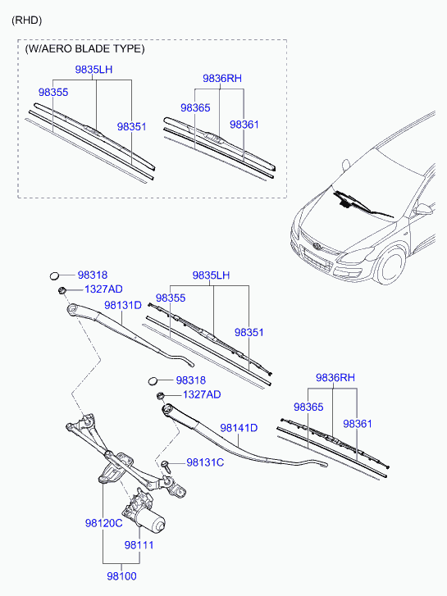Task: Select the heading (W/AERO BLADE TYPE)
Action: tap(84, 48)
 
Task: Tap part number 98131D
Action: tap(123, 305)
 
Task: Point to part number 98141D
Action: tap(239, 427)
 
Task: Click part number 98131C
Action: tap(205, 462)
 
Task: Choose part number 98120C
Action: tap(103, 523)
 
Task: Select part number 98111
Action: tap(140, 544)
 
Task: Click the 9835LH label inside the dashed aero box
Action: tap(94, 71)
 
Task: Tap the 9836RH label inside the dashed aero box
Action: tap(222, 79)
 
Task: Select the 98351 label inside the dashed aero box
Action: tap(131, 127)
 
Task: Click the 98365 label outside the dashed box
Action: tap(308, 407)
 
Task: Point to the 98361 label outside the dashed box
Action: tap(358, 424)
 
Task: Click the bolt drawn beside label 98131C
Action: tap(166, 465)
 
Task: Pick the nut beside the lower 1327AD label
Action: tap(162, 396)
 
